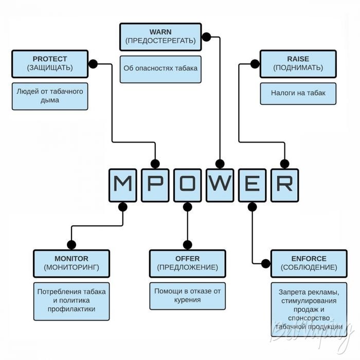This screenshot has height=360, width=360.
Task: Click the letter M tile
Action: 122,184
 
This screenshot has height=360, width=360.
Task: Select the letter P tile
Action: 155,184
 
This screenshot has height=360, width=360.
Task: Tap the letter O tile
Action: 188,184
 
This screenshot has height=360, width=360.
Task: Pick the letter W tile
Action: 220,184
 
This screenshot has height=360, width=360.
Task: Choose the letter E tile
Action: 252,184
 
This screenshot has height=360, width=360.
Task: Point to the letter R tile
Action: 284,184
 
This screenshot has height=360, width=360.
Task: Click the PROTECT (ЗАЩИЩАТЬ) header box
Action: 50,63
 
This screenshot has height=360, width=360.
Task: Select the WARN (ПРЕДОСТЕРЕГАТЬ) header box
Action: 160,36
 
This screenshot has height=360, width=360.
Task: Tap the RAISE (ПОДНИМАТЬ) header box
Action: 298,63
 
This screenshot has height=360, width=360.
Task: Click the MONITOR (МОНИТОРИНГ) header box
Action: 71,263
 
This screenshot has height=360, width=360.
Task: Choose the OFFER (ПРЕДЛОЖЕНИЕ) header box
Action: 187,263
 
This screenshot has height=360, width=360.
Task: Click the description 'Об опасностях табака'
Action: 160,68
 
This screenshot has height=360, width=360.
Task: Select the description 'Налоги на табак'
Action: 298,94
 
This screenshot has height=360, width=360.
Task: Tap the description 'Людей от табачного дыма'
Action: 50,96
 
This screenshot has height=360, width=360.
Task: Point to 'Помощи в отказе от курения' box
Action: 187,295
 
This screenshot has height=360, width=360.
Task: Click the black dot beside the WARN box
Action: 206,37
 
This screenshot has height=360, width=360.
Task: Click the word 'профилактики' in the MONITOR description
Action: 71,310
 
